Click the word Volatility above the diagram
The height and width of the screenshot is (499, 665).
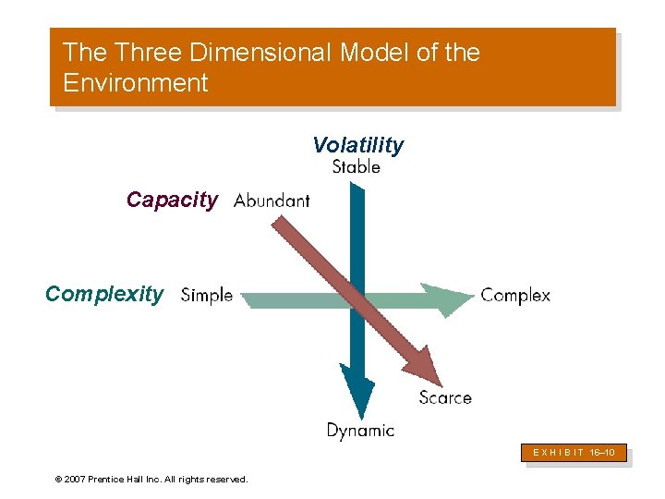pyautogui.click(x=357, y=145)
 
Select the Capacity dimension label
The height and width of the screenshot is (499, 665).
pyautogui.click(x=172, y=200)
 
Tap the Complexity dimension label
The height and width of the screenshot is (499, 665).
pyautogui.click(x=103, y=294)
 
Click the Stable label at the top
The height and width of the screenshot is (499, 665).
pyautogui.click(x=356, y=167)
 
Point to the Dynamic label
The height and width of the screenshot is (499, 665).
pyautogui.click(x=360, y=430)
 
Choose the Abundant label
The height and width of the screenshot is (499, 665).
pyautogui.click(x=272, y=201)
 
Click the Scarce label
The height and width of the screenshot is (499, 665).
pyautogui.click(x=444, y=397)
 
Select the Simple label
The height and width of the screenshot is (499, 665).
pyautogui.click(x=207, y=295)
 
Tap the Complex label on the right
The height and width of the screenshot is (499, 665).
pyautogui.click(x=515, y=296)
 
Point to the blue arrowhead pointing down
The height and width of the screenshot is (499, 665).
pyautogui.click(x=357, y=393)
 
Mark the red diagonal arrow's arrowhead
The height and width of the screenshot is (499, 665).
pyautogui.click(x=426, y=367)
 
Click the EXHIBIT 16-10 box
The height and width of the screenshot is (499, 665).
pyautogui.click(x=577, y=453)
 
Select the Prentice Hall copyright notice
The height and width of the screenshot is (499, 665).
pyautogui.click(x=151, y=479)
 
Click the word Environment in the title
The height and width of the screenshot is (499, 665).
pyautogui.click(x=136, y=83)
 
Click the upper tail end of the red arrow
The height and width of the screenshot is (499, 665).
pyautogui.click(x=278, y=223)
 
